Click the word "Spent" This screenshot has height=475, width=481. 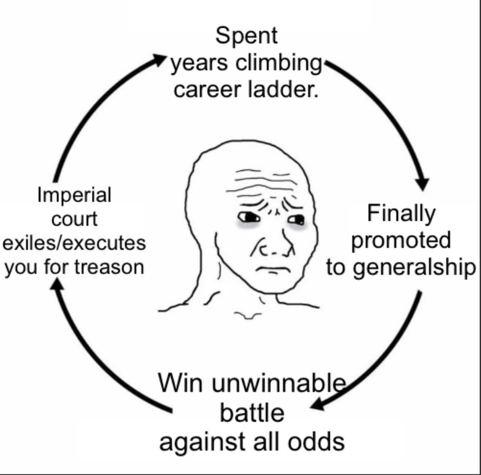246,36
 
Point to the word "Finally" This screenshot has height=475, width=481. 401,214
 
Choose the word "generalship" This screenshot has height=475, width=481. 414,268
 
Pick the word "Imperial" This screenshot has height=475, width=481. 74,195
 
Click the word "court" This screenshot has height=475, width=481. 74,219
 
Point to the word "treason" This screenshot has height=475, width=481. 109,267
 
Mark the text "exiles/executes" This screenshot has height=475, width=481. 74,243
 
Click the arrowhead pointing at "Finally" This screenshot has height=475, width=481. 422,184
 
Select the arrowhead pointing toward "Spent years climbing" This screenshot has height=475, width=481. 159,59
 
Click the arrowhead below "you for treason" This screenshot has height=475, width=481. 57,283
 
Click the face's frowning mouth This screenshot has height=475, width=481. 273,270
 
